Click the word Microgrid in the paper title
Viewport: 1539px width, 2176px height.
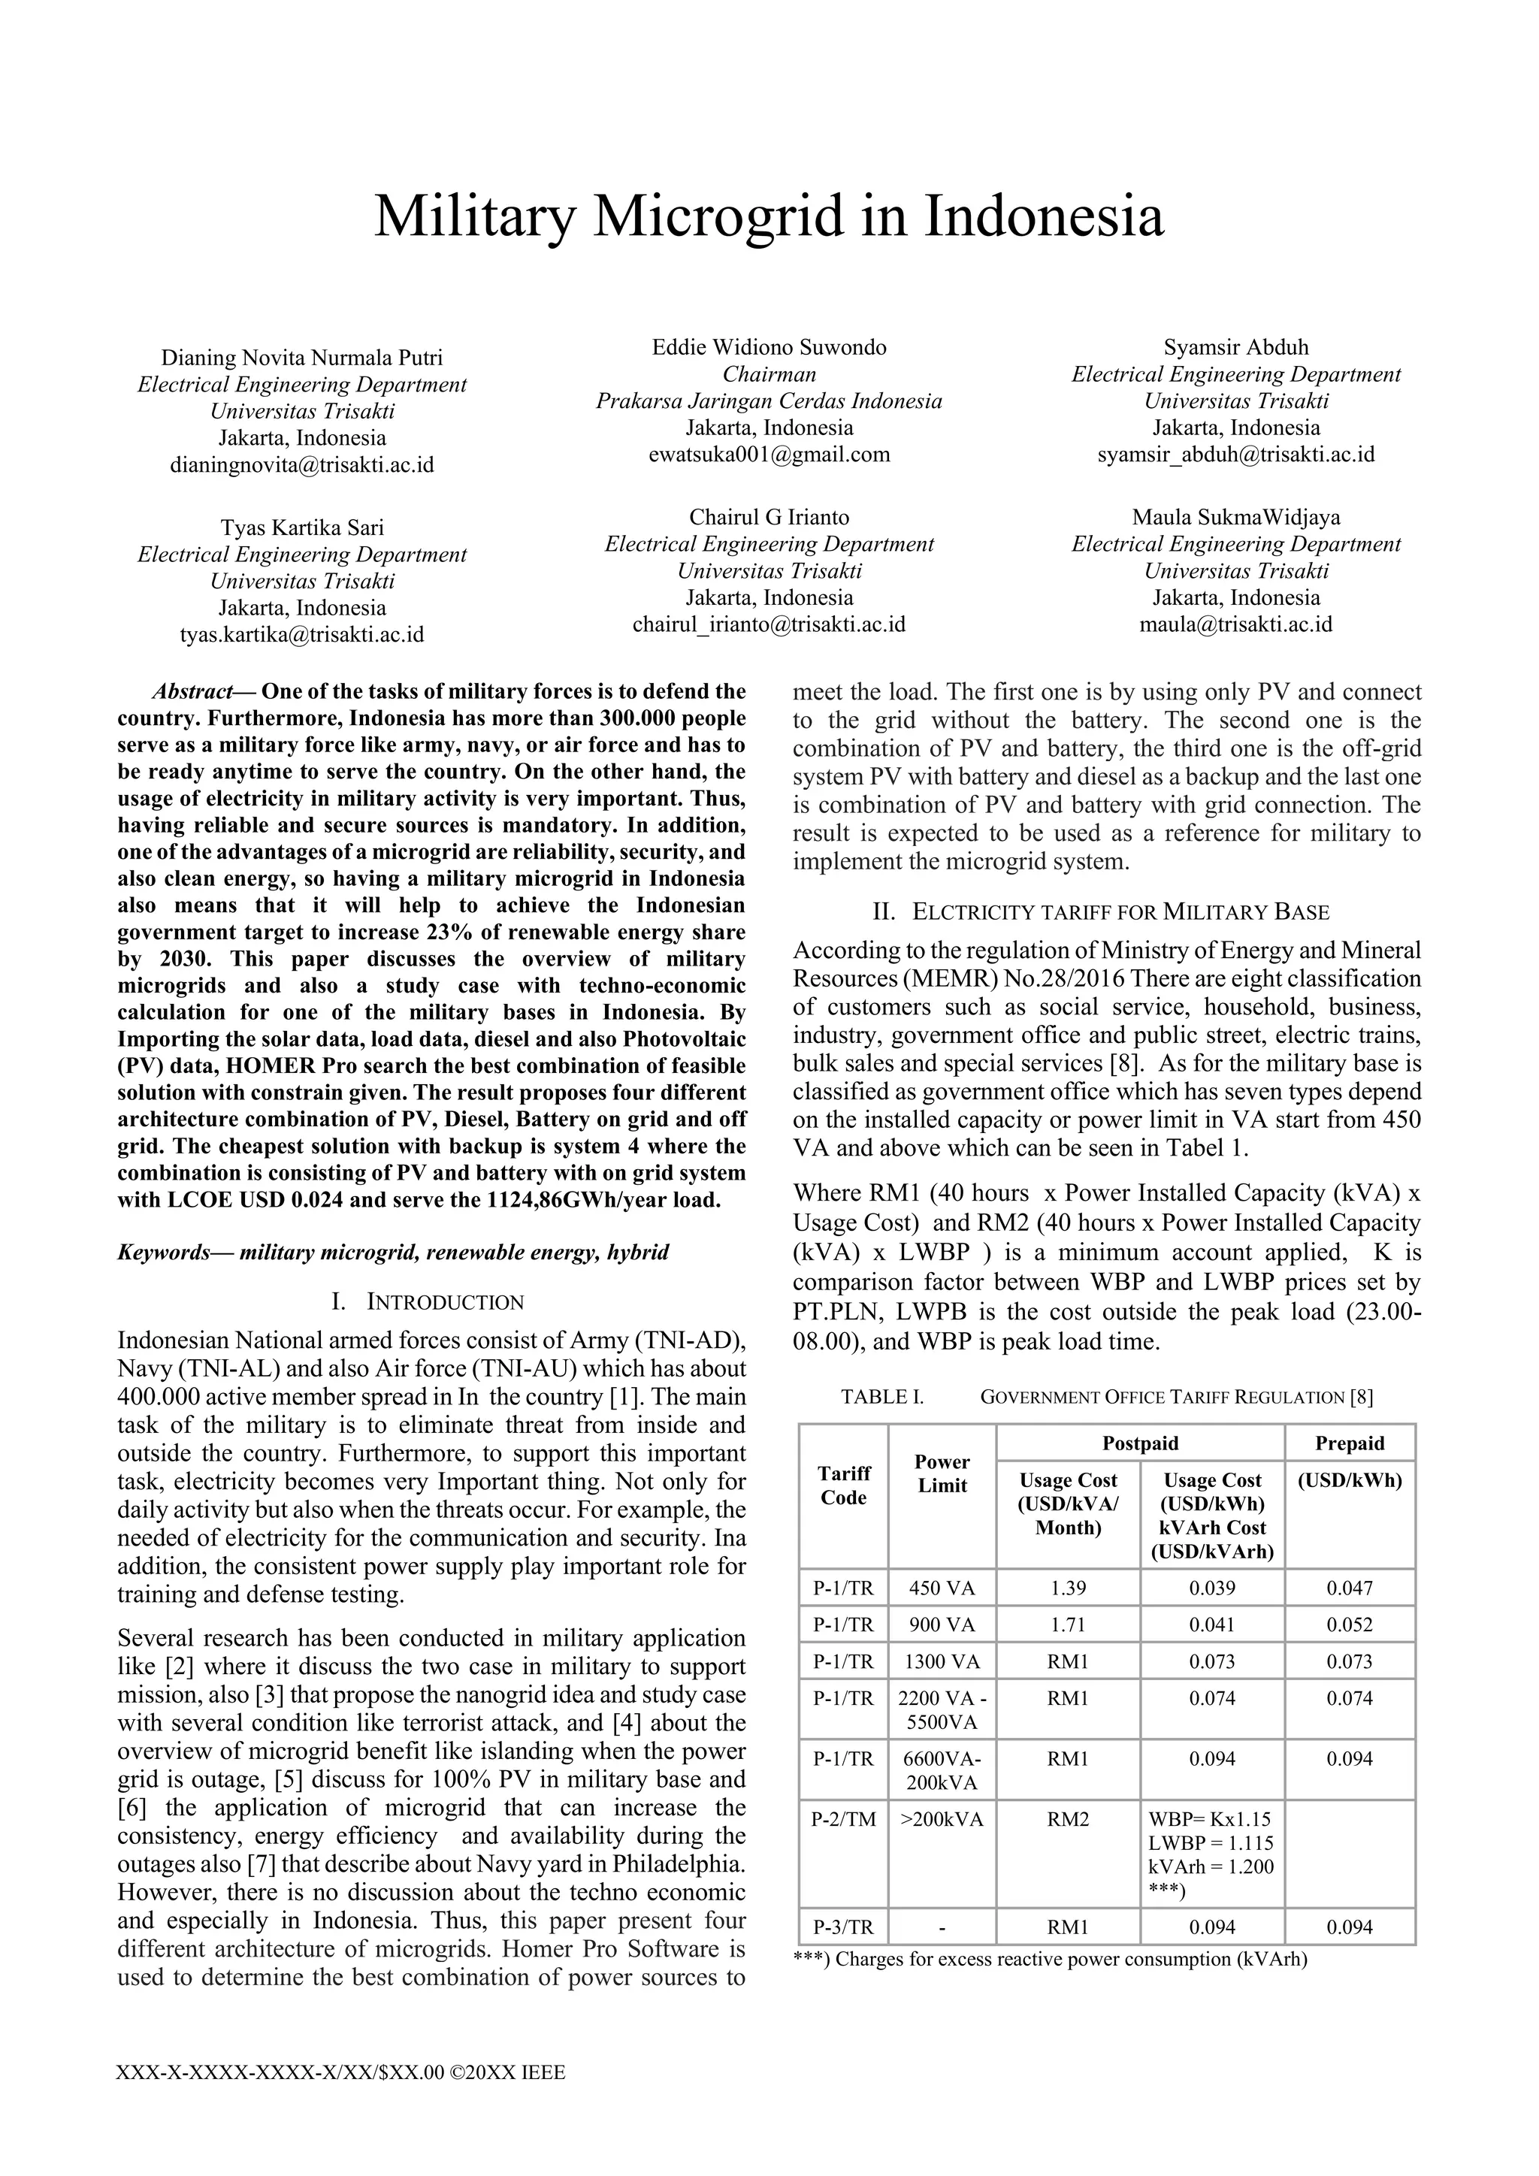point(718,216)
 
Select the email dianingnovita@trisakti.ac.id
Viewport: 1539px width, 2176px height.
point(301,465)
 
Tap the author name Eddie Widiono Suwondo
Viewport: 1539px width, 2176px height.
point(769,347)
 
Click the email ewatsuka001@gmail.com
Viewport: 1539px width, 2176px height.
point(769,454)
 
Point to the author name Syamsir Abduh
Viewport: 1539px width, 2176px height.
point(1235,347)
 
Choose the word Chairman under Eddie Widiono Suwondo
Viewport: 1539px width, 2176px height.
point(769,374)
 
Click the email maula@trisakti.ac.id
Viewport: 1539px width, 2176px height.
point(1235,624)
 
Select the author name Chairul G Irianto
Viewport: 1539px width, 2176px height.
point(769,518)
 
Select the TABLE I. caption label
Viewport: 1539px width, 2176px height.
point(881,1397)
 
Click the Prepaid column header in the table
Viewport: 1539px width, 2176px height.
point(1350,1443)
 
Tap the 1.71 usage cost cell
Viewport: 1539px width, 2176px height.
point(1068,1624)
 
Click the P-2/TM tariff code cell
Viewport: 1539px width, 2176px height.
point(843,1818)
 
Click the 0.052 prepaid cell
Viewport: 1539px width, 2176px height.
point(1350,1624)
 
